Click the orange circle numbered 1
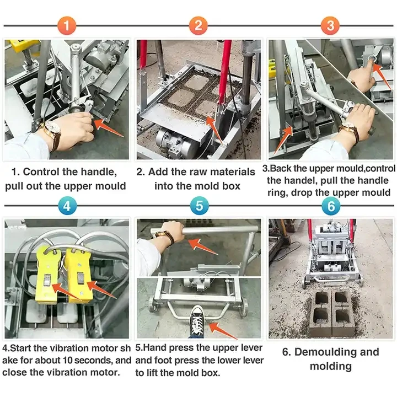(66, 25)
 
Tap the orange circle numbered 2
(198, 25)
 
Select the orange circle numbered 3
(330, 25)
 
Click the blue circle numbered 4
(66, 206)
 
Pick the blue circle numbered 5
(198, 206)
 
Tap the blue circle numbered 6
(330, 206)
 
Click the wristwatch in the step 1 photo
(53, 132)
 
